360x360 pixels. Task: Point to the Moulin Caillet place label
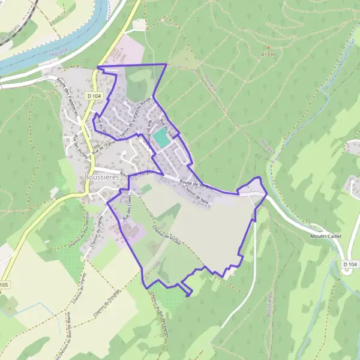(x=325, y=236)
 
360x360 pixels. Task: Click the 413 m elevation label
(x=268, y=55)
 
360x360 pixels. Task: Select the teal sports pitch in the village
(x=160, y=137)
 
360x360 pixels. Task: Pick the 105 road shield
(x=4, y=284)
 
